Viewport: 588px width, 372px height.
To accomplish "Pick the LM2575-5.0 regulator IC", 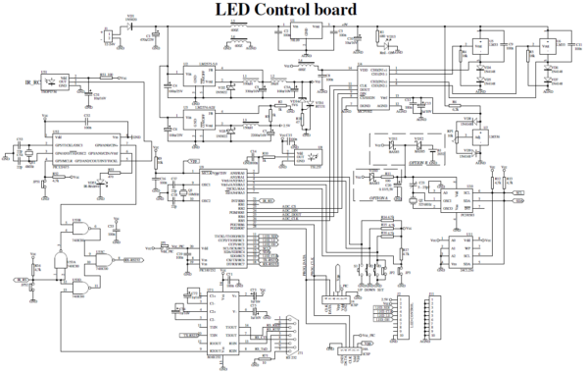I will (x=199, y=80).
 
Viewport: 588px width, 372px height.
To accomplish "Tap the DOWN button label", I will (x=383, y=292).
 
